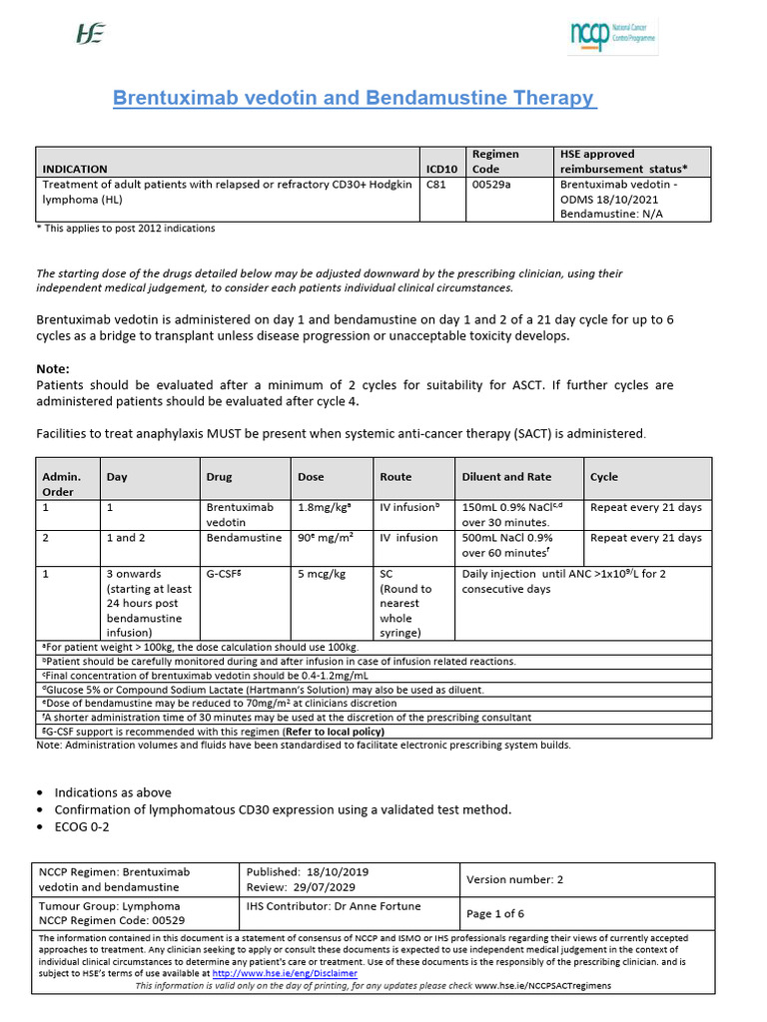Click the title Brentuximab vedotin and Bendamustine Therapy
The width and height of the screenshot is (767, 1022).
pyautogui.click(x=354, y=99)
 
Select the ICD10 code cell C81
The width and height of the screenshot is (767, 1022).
pyautogui.click(x=436, y=185)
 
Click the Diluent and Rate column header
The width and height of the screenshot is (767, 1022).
pyautogui.click(x=506, y=477)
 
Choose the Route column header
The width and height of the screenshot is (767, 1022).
pyautogui.click(x=395, y=477)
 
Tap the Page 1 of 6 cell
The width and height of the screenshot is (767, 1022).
pyautogui.click(x=495, y=913)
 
